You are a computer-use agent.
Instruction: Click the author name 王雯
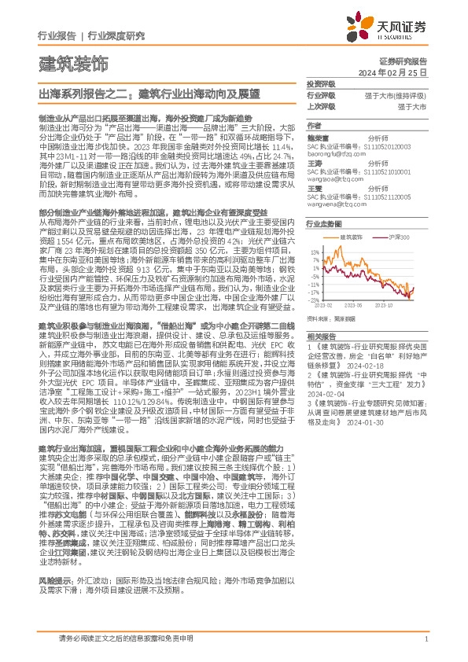point(315,186)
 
